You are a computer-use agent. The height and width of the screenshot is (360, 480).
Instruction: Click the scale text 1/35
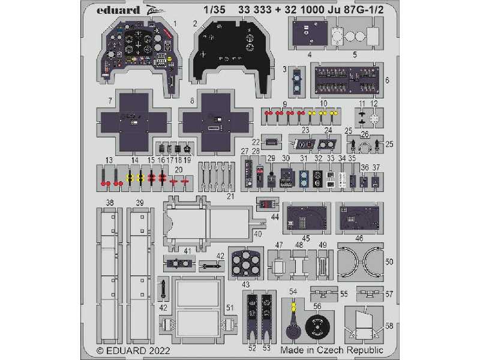tap(212, 10)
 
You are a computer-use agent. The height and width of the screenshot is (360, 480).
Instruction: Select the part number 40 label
tap(258, 233)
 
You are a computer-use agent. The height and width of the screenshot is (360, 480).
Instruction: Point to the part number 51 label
tap(230, 307)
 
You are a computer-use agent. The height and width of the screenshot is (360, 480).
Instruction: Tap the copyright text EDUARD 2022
tap(134, 350)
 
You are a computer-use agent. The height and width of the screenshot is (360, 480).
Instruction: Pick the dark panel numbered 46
tap(358, 217)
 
